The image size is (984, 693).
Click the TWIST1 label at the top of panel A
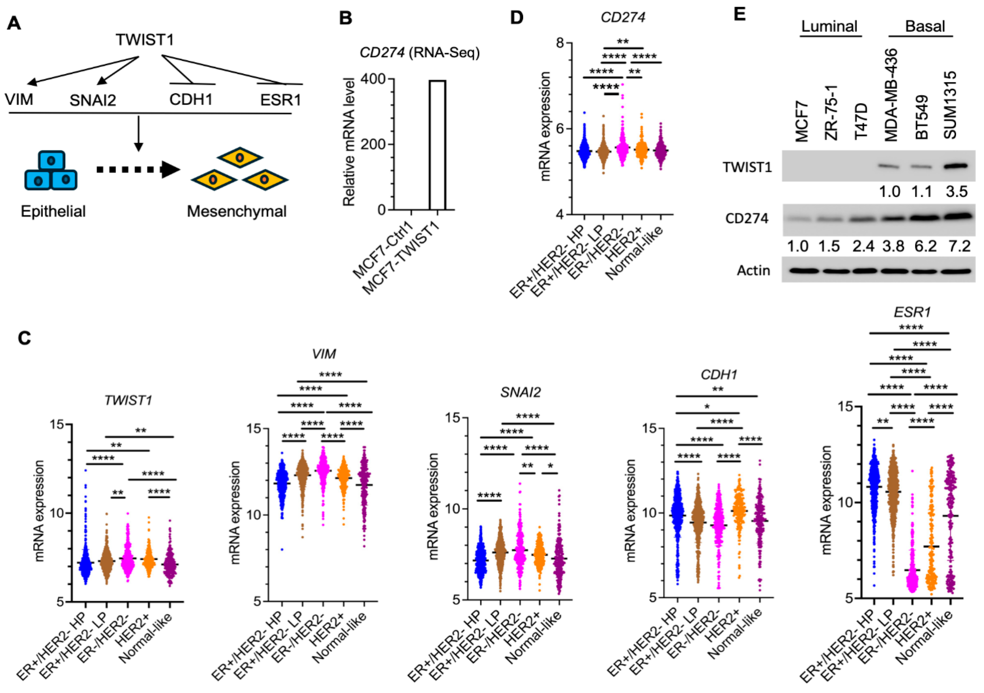pos(144,40)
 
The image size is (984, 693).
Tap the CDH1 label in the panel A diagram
pos(191,100)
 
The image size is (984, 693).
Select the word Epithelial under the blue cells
pos(53,211)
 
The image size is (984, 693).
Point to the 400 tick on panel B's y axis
pos(373,79)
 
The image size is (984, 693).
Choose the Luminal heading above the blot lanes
pos(829,27)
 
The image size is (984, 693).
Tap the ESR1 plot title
pos(912,312)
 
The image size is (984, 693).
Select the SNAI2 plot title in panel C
pos(520,392)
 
